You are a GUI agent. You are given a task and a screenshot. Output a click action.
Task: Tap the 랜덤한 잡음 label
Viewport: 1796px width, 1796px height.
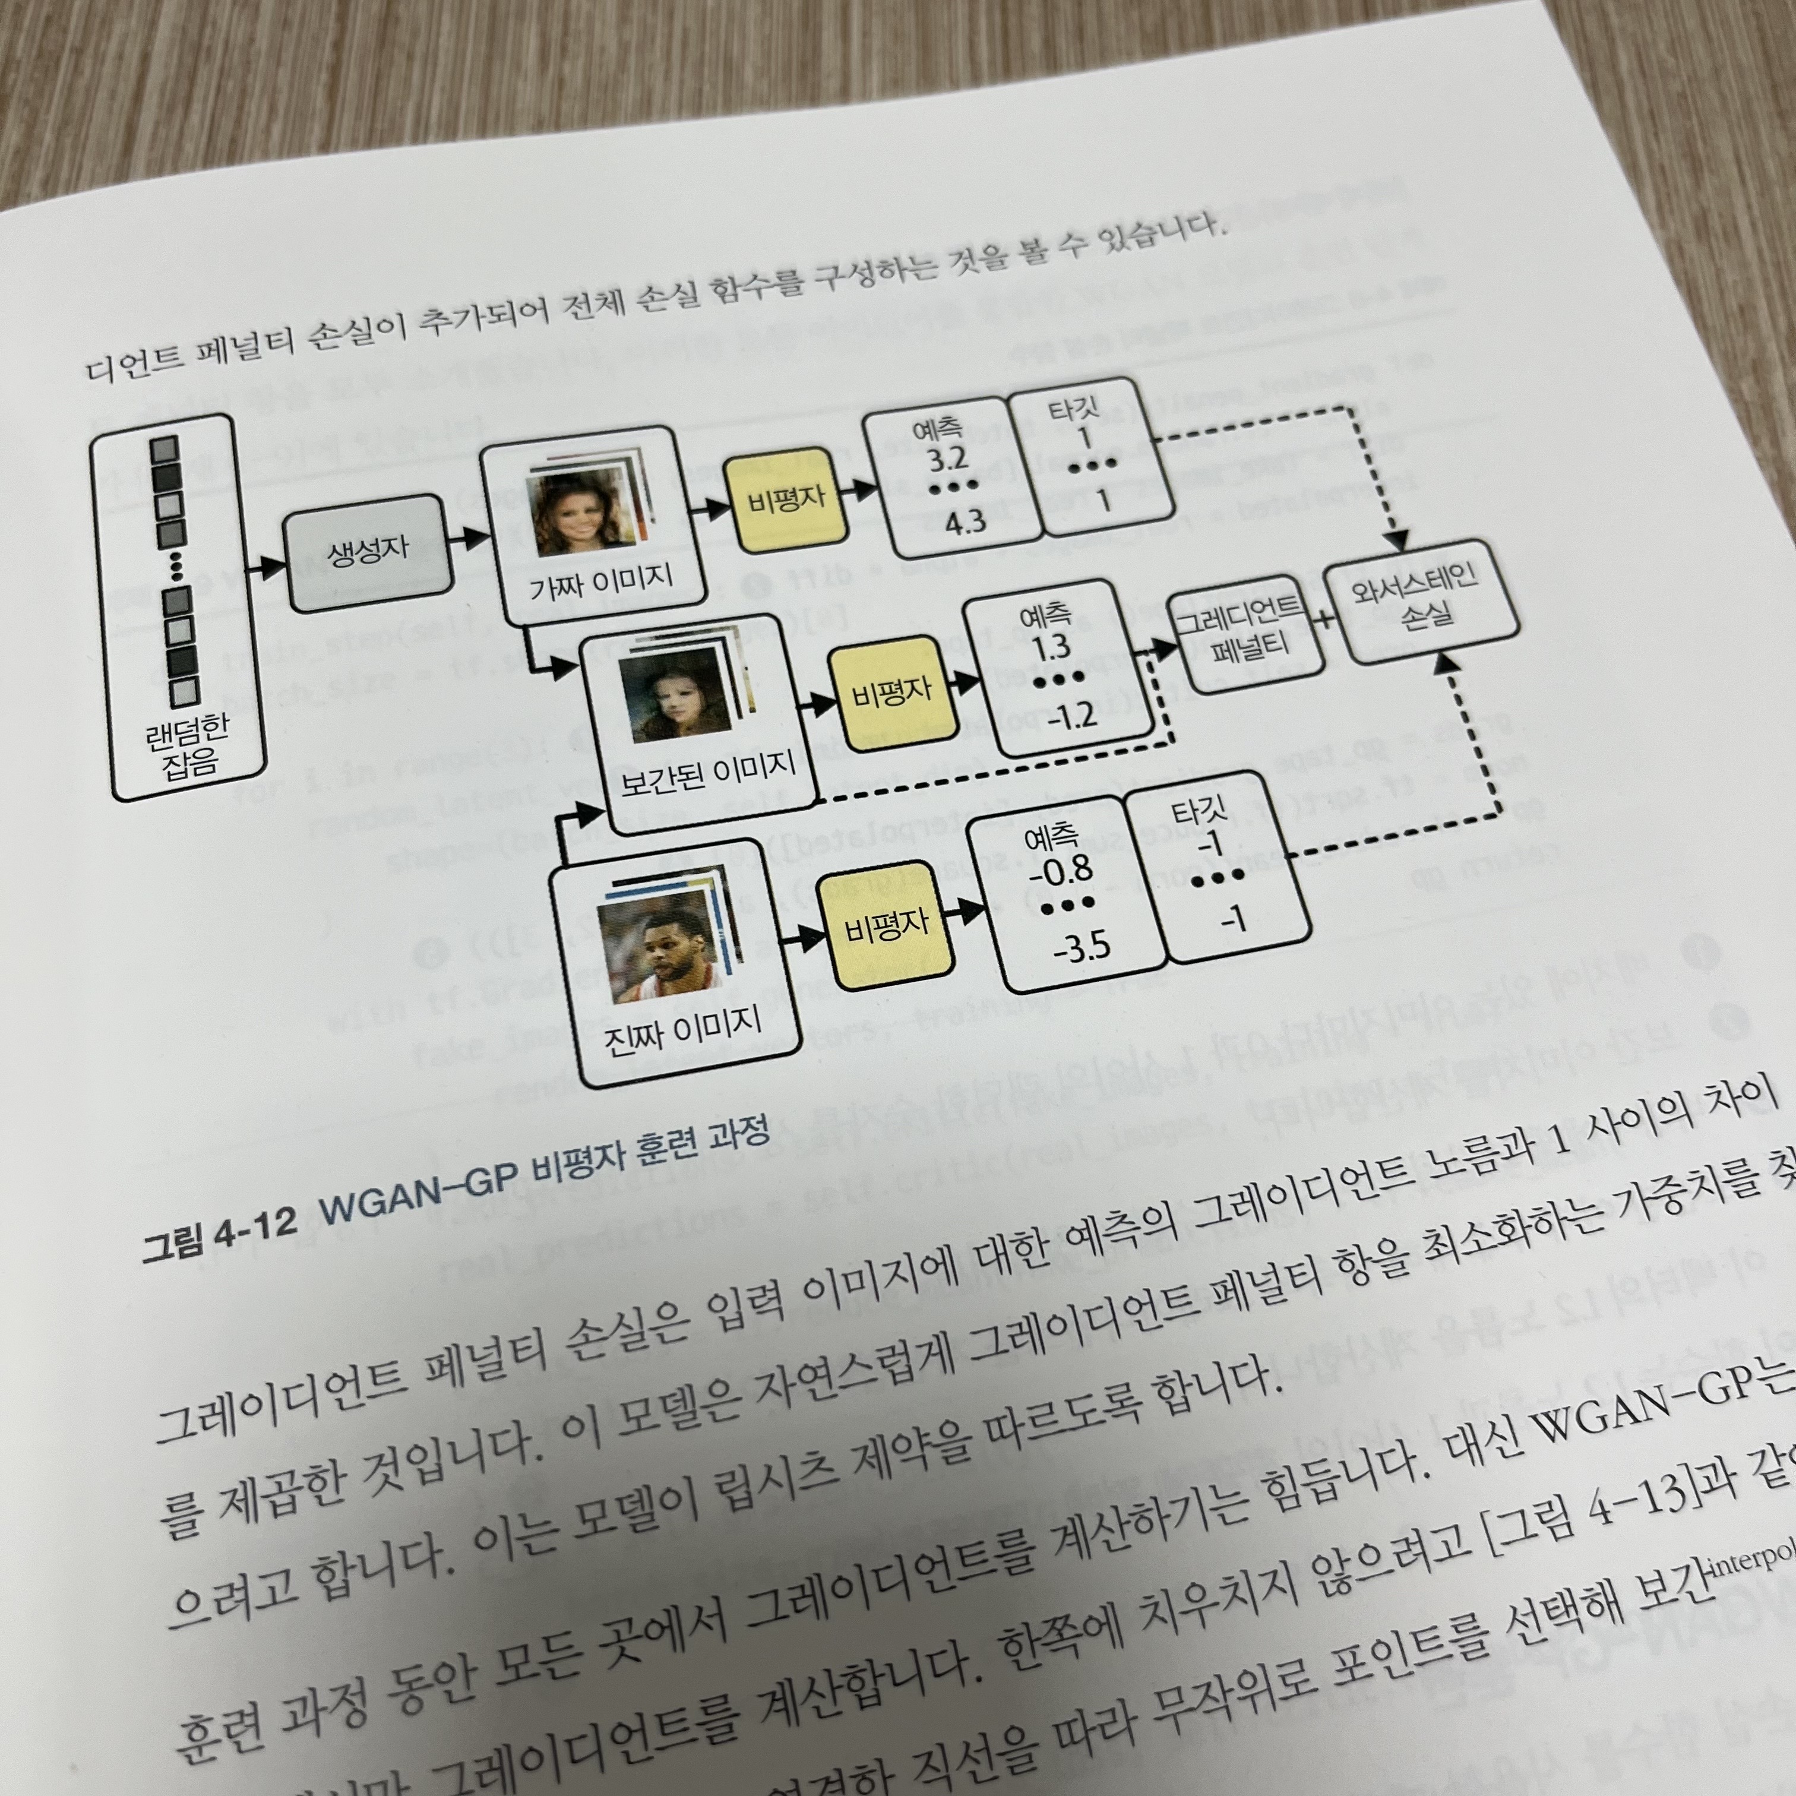187,748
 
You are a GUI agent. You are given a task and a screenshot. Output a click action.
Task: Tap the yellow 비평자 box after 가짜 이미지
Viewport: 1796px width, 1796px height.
786,500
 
